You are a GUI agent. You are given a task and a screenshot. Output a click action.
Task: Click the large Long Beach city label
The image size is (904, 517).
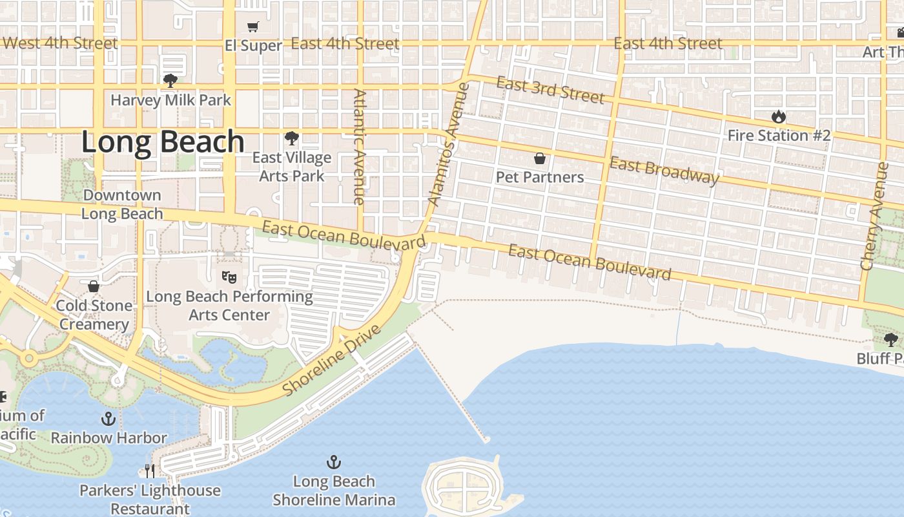pyautogui.click(x=163, y=142)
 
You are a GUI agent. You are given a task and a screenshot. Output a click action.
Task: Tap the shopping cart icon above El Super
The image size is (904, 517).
pyautogui.click(x=253, y=26)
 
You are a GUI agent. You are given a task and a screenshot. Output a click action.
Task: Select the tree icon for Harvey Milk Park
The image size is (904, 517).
pyautogui.click(x=170, y=81)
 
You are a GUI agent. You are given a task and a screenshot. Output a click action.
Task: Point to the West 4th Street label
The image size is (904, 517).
pyautogui.click(x=61, y=43)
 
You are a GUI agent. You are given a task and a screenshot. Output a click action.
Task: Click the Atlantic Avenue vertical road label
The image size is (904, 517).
pyautogui.click(x=360, y=147)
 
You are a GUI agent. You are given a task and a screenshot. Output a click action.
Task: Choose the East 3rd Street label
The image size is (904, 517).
pyautogui.click(x=550, y=90)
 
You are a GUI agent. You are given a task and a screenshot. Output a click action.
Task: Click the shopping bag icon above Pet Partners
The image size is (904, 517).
pyautogui.click(x=540, y=158)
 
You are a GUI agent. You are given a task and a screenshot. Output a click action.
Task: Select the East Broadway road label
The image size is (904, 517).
pyautogui.click(x=664, y=171)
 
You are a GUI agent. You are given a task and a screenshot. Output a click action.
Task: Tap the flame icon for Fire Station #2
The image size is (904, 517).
pyautogui.click(x=779, y=117)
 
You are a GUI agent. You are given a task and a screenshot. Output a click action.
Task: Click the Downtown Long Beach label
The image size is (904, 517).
pyautogui.click(x=122, y=204)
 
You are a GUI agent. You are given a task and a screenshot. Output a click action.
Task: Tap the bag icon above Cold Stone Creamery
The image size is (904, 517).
pyautogui.click(x=94, y=286)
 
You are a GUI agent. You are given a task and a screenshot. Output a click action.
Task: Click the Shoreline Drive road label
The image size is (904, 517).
pyautogui.click(x=333, y=361)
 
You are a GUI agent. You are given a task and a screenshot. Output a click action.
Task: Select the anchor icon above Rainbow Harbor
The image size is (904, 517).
pyautogui.click(x=108, y=419)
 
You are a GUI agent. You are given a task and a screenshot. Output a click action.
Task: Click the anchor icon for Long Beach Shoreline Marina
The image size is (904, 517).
pyautogui.click(x=334, y=462)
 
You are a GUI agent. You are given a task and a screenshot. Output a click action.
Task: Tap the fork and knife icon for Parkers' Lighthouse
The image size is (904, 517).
pyautogui.click(x=150, y=470)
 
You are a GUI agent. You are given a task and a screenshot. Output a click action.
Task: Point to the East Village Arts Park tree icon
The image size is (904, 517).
pyautogui.click(x=292, y=138)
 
